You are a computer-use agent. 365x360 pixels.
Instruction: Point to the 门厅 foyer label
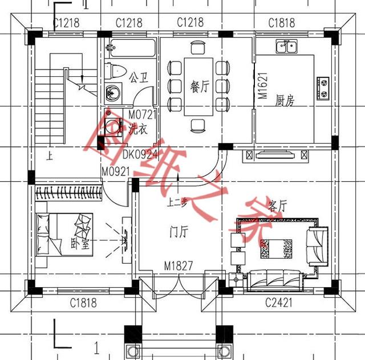179,231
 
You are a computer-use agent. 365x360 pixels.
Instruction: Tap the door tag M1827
178,266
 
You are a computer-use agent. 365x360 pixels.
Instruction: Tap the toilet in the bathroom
116,72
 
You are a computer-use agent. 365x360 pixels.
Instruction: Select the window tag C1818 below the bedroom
83,302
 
